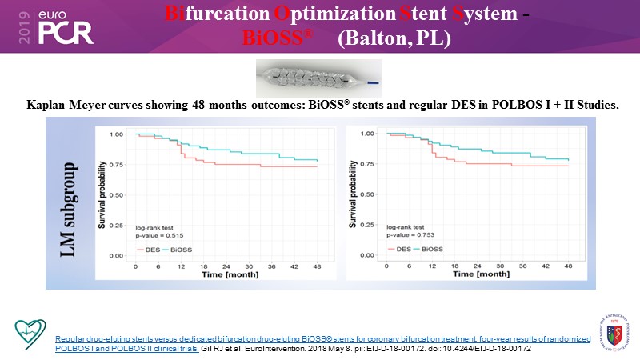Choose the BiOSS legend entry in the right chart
(x=429, y=250)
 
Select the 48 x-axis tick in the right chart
(x=567, y=266)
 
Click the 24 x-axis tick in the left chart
(x=226, y=266)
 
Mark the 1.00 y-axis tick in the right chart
(x=369, y=134)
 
